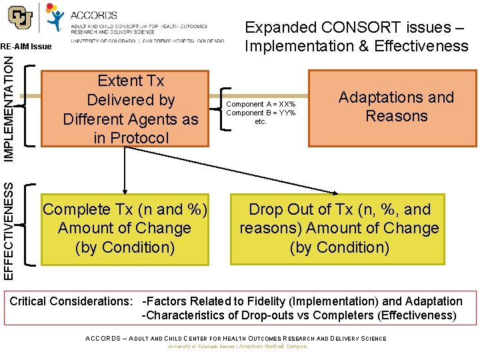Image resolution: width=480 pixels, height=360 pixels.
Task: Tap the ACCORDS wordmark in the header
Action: (93, 15)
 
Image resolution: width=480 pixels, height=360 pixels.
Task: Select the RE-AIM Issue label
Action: (26, 47)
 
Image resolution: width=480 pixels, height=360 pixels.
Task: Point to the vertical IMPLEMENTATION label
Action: (8, 107)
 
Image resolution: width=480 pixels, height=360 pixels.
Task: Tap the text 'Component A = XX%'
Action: (261, 105)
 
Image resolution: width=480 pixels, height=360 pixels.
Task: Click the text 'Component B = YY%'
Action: (261, 113)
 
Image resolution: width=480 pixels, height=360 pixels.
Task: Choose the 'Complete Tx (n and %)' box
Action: (125, 228)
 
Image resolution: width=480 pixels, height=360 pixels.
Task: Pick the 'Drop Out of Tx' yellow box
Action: (338, 228)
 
